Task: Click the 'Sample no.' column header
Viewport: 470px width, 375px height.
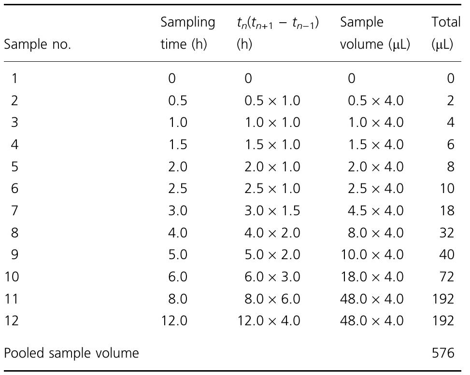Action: [x=38, y=45]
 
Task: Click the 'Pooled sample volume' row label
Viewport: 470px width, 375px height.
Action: [x=71, y=353]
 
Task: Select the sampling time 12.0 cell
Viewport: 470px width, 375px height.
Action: [x=174, y=320]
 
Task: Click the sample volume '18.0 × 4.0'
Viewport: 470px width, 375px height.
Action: [x=372, y=277]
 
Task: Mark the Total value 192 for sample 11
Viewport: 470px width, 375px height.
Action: [x=443, y=299]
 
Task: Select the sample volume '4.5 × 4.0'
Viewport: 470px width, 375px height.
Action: [x=375, y=210]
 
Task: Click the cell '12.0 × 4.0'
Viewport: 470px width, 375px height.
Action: [x=269, y=320]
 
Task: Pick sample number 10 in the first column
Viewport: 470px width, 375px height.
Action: [x=12, y=277]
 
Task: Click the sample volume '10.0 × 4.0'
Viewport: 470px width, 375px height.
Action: [x=372, y=254]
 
